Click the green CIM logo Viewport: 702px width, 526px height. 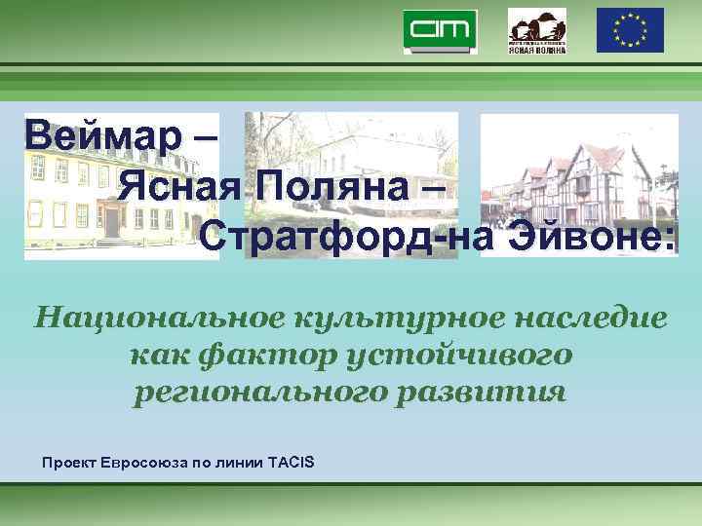pyautogui.click(x=441, y=31)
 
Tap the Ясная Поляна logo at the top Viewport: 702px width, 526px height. pyautogui.click(x=536, y=31)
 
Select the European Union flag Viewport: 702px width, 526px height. pyautogui.click(x=630, y=30)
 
